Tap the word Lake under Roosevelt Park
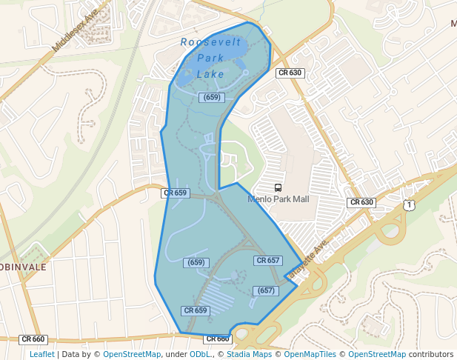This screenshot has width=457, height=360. (210, 74)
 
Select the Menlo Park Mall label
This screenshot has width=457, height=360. (278, 199)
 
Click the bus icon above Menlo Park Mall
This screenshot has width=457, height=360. (278, 188)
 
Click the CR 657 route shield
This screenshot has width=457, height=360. (267, 261)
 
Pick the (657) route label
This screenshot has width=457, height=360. (266, 290)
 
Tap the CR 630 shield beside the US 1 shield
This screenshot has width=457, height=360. (361, 202)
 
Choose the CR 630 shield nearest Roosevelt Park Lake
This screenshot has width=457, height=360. (290, 73)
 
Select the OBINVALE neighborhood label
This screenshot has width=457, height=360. (23, 267)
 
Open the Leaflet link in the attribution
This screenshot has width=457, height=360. (41, 354)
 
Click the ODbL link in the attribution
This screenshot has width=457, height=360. (201, 354)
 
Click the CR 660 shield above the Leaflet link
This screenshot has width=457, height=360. (33, 339)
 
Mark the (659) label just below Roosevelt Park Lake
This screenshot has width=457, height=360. (211, 97)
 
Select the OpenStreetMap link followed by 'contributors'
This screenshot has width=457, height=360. (377, 354)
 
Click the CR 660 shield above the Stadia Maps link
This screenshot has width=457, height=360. (218, 339)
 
